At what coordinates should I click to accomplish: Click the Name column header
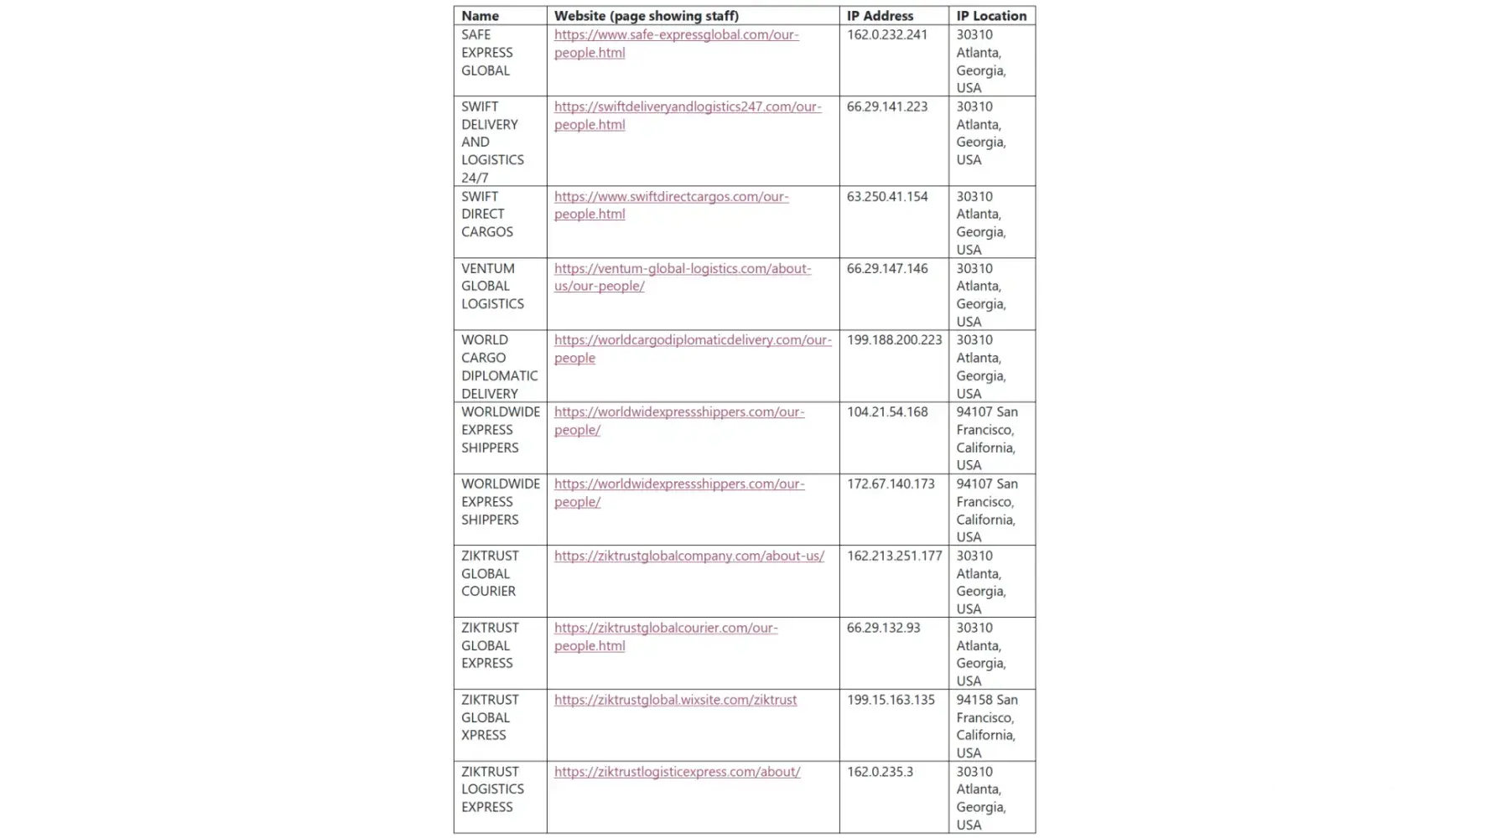pos(481,16)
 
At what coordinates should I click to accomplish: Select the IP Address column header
pos(880,16)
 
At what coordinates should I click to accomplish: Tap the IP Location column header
pos(991,16)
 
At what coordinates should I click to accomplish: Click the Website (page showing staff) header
pos(646,16)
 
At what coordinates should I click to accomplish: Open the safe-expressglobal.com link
pos(676,35)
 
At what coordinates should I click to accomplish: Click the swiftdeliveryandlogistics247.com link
pos(687,107)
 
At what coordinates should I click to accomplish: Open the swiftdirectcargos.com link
pos(671,197)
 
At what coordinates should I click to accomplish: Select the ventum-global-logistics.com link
pos(682,269)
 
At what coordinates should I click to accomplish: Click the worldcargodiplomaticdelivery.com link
pos(693,340)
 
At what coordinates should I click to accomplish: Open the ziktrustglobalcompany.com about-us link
pos(688,556)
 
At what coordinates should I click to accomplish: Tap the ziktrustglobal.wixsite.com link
pos(675,701)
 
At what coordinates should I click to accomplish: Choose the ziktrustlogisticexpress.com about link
pos(677,772)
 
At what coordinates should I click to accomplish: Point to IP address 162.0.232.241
pos(887,35)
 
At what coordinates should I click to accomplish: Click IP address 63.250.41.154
pos(887,197)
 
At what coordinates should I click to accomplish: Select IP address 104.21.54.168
pos(887,412)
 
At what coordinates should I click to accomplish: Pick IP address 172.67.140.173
pos(891,484)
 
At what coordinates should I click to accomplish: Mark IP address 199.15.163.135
pos(891,701)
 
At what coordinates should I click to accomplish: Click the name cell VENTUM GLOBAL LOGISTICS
pos(492,287)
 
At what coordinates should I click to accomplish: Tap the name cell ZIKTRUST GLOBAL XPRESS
pos(490,718)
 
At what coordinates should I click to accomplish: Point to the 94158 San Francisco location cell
pos(987,726)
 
